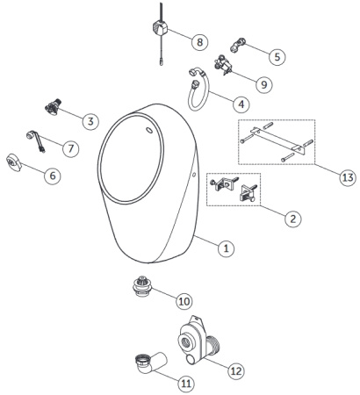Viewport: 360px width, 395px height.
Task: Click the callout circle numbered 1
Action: (226, 248)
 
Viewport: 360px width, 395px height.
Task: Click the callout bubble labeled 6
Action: (54, 176)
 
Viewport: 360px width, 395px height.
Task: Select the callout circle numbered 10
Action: (184, 301)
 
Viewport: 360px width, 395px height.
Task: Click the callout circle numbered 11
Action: (187, 383)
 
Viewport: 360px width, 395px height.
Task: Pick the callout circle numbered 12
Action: (235, 370)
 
